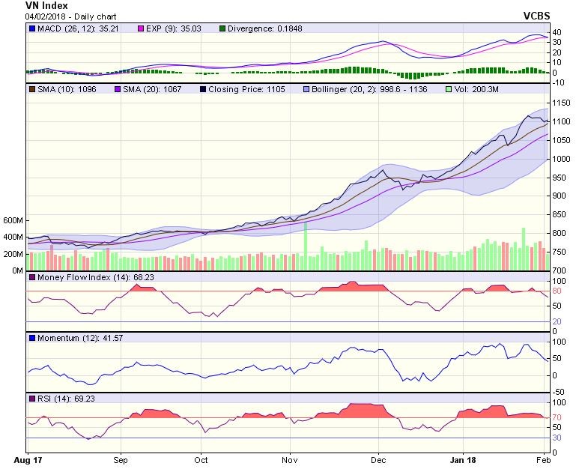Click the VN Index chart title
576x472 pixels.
pyautogui.click(x=46, y=6)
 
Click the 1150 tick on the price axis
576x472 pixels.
pyautogui.click(x=561, y=103)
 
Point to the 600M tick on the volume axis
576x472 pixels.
pyautogui.click(x=13, y=221)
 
